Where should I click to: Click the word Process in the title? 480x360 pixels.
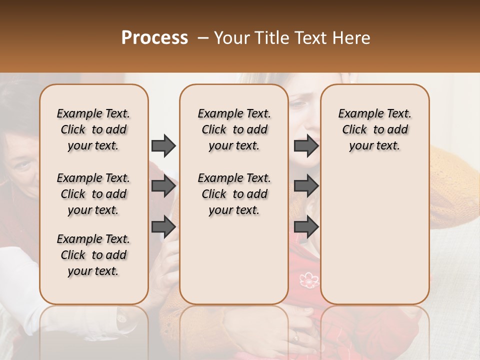tap(154, 38)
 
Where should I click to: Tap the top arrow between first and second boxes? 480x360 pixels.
tap(163, 145)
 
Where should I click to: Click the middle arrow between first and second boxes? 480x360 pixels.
tap(163, 186)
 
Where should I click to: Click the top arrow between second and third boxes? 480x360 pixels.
tap(306, 145)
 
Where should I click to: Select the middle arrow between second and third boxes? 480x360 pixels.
tap(306, 186)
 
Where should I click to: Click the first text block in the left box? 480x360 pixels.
tap(93, 129)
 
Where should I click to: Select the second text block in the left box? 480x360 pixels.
tap(93, 194)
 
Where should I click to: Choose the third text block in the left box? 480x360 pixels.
tap(93, 255)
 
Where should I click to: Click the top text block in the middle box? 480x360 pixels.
tap(234, 129)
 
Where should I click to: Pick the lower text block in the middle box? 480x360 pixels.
tap(234, 194)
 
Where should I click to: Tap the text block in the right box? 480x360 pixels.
tap(374, 129)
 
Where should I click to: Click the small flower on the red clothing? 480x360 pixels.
tap(309, 279)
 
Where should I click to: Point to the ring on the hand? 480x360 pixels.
tap(296, 337)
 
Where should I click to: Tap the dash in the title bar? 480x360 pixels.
tap(202, 38)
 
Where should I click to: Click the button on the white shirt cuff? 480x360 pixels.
tap(121, 318)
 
